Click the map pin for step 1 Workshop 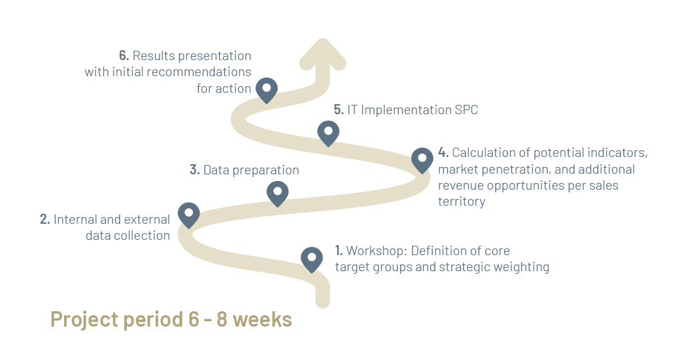tap(312, 258)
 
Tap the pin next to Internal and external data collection tap(189, 214)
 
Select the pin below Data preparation tap(277, 193)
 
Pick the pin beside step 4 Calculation tap(422, 159)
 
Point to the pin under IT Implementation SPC tap(327, 132)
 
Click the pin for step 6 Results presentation tap(267, 89)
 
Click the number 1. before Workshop tap(338, 251)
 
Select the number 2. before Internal tap(45, 219)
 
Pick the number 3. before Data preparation tap(194, 170)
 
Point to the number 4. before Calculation tap(444, 153)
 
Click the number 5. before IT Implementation tap(338, 110)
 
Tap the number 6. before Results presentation tap(124, 55)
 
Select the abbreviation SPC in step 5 tap(466, 110)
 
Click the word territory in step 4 tap(461, 202)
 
